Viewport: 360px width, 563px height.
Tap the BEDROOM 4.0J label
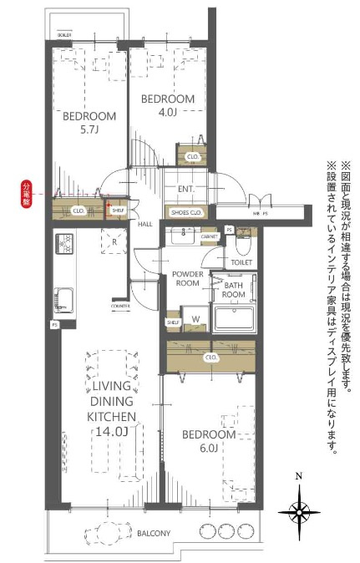pos(168,105)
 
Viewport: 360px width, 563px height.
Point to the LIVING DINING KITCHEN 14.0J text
pos(106,407)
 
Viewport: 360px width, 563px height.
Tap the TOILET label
pos(241,262)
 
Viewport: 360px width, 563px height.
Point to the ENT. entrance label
pos(185,190)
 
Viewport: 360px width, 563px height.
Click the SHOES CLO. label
pos(186,212)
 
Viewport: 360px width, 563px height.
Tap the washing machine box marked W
pos(195,318)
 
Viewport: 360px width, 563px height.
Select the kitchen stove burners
pos(64,244)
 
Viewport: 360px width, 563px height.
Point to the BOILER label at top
pos(64,36)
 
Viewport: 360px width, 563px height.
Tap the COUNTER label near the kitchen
pos(120,306)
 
